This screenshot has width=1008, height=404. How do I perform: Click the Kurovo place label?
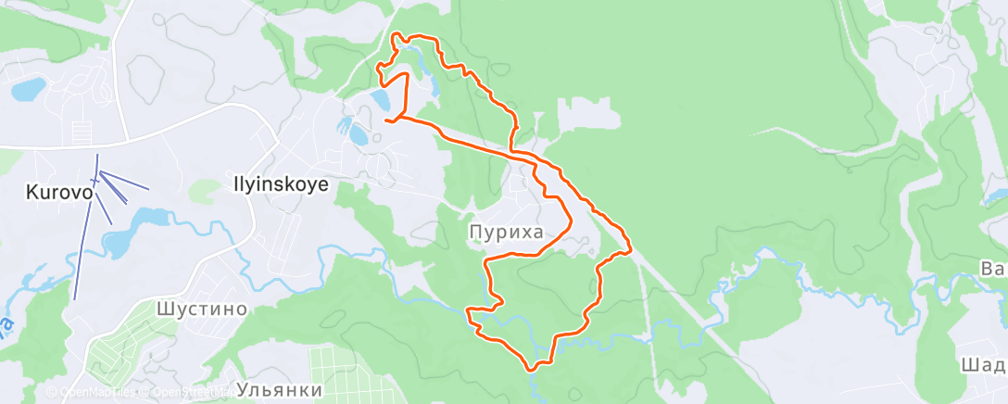click(59, 193)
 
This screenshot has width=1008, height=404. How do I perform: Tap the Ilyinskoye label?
click(277, 184)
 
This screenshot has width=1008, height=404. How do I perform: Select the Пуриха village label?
click(506, 232)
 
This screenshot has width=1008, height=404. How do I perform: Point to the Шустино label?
click(201, 309)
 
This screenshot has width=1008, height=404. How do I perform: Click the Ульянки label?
click(279, 390)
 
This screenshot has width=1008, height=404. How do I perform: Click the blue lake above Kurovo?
click(28, 90)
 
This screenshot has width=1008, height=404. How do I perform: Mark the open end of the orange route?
click(384, 120)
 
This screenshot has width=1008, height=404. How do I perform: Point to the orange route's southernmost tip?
click(531, 369)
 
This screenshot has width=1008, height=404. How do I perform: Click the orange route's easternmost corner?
click(631, 247)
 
